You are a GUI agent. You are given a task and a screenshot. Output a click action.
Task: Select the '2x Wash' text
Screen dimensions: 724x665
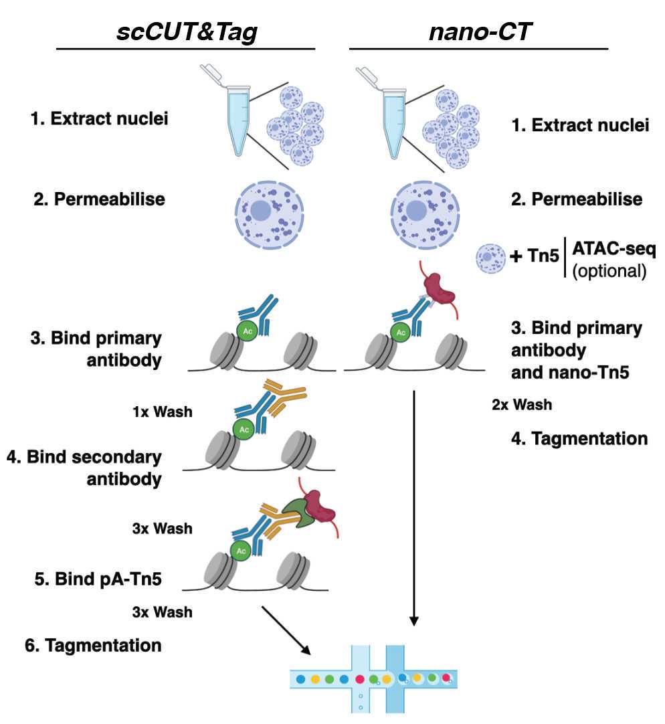(521, 404)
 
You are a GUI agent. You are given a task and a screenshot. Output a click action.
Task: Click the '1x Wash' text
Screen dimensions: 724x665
(162, 411)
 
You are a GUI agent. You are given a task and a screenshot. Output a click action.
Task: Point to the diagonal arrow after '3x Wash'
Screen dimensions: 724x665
(286, 630)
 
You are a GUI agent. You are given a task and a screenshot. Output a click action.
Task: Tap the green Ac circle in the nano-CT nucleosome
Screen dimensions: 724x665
(401, 331)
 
